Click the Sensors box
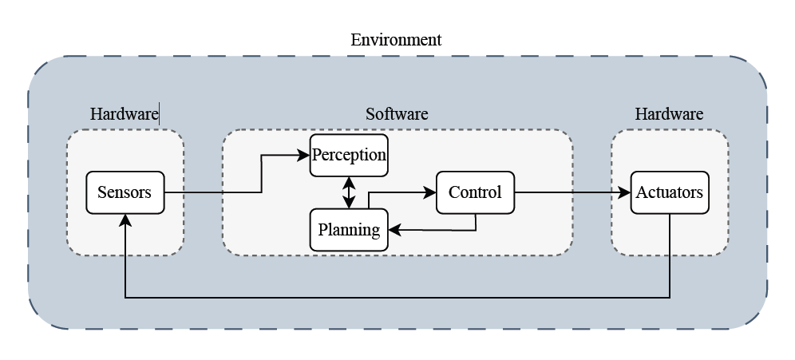click(125, 192)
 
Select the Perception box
click(349, 155)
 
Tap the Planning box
click(349, 230)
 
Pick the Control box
click(475, 192)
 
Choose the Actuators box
click(669, 192)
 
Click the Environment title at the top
click(396, 40)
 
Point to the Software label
click(397, 114)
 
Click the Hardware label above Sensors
click(124, 114)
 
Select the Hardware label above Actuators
click(669, 114)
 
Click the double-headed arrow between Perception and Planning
click(349, 192)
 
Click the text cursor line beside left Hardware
click(160, 114)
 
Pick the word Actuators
click(669, 192)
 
